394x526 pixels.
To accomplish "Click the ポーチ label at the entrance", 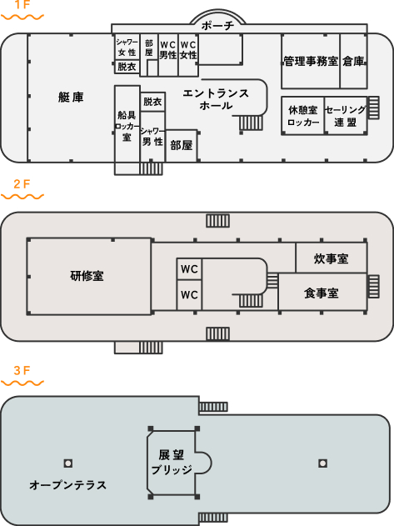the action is click(217, 26).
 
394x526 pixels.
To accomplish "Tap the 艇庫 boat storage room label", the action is click(71, 98).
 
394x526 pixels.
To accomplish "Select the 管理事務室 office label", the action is click(311, 61).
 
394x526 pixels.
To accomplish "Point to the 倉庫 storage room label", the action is click(353, 61).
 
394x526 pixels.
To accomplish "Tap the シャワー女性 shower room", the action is click(127, 48).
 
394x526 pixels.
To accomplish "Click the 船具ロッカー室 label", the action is click(127, 126).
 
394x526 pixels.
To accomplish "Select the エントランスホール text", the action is click(216, 99).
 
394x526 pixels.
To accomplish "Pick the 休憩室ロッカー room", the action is click(303, 116).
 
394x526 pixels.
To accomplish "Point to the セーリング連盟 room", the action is click(345, 116).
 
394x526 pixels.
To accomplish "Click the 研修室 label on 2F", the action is click(87, 276).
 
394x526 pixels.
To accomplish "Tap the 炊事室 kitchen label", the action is click(331, 258).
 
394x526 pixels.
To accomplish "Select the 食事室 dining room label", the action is click(322, 293).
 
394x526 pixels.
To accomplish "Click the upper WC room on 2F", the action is click(189, 269).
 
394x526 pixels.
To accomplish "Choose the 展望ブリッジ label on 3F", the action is click(172, 463).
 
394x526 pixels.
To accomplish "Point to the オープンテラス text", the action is click(67, 485).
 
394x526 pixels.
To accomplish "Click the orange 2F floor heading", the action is click(22, 184).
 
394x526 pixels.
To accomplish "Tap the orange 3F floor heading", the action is click(22, 370).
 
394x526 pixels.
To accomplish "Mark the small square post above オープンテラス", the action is click(68, 463).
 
